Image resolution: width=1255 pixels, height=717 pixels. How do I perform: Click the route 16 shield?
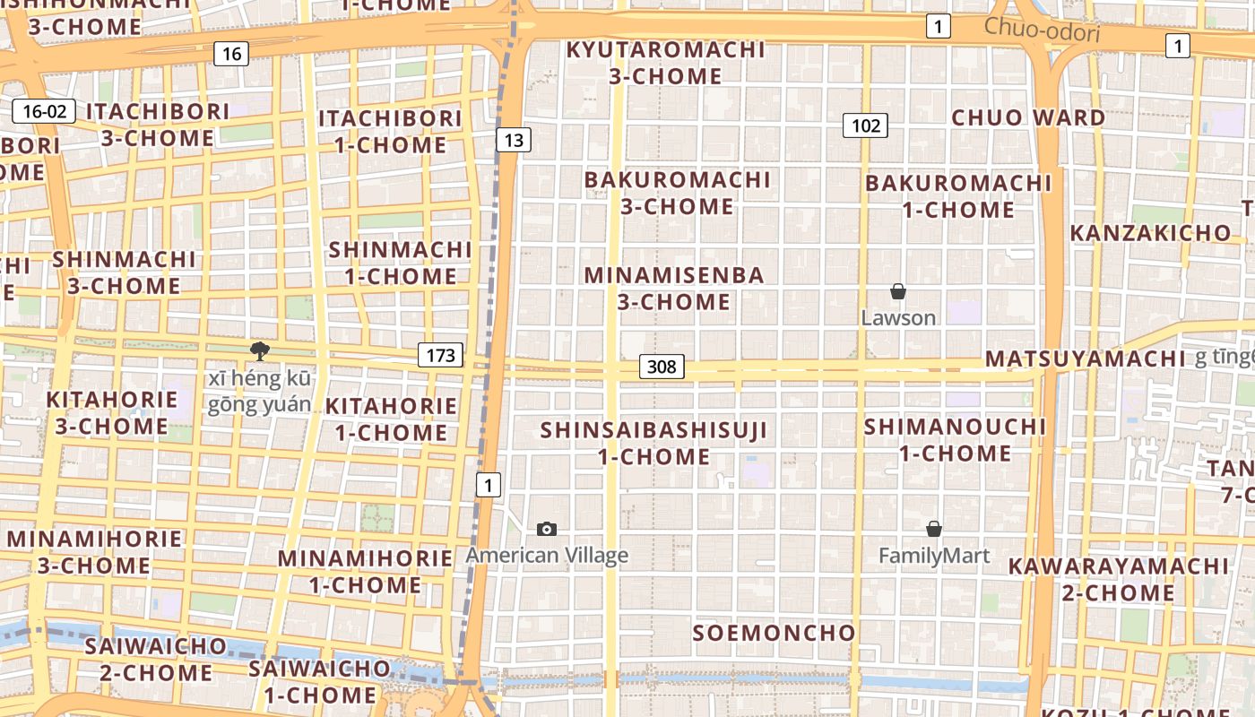[231, 54]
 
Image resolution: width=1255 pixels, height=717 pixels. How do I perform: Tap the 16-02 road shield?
[44, 111]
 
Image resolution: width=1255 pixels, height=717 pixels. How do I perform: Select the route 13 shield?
[513, 140]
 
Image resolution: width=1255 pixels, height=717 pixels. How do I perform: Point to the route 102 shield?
[866, 125]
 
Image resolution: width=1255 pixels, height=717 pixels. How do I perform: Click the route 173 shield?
[440, 355]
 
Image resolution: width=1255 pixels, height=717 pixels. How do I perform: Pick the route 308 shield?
[662, 366]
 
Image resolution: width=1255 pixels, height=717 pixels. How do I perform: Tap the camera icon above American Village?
[547, 530]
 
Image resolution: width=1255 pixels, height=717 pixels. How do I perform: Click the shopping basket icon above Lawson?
[897, 291]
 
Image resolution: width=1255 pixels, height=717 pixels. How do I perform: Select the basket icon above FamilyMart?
[934, 529]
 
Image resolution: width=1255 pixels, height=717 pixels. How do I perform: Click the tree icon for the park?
[260, 350]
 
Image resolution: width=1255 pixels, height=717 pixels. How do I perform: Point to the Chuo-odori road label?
[1042, 30]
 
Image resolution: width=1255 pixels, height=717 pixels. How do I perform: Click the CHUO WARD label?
[1028, 117]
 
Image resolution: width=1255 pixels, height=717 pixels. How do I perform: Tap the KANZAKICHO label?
[1151, 233]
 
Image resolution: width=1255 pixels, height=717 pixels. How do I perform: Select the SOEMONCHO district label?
[775, 633]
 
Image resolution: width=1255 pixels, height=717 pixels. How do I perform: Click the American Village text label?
[547, 556]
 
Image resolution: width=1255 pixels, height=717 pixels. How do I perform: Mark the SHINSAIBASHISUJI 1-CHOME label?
[653, 443]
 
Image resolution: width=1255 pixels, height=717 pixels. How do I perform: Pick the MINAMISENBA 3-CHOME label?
[674, 288]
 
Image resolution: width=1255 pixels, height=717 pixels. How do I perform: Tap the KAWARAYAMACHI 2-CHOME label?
[1118, 579]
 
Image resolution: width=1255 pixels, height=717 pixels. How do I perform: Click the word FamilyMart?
[934, 556]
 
